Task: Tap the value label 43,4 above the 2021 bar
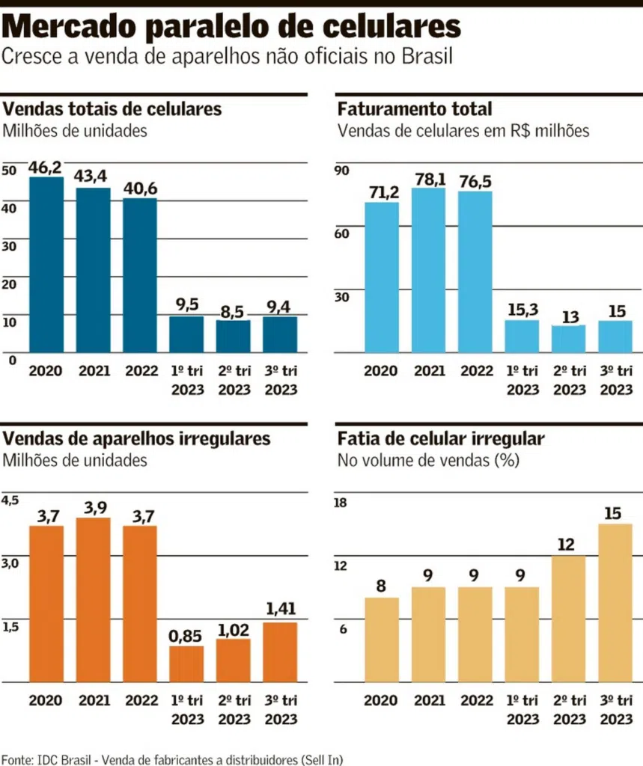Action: click(92, 177)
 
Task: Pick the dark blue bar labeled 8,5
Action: click(233, 336)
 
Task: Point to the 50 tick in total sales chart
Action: click(9, 170)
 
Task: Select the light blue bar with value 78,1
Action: click(428, 269)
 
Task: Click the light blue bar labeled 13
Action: click(569, 338)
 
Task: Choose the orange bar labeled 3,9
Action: click(92, 599)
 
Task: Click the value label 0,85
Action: click(186, 637)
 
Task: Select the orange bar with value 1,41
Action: click(279, 652)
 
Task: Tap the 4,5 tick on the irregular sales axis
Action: click(11, 500)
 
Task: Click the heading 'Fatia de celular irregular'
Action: click(441, 438)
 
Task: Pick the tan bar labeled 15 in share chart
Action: click(615, 602)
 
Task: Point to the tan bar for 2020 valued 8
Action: click(382, 640)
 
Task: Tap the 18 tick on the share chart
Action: click(341, 503)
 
